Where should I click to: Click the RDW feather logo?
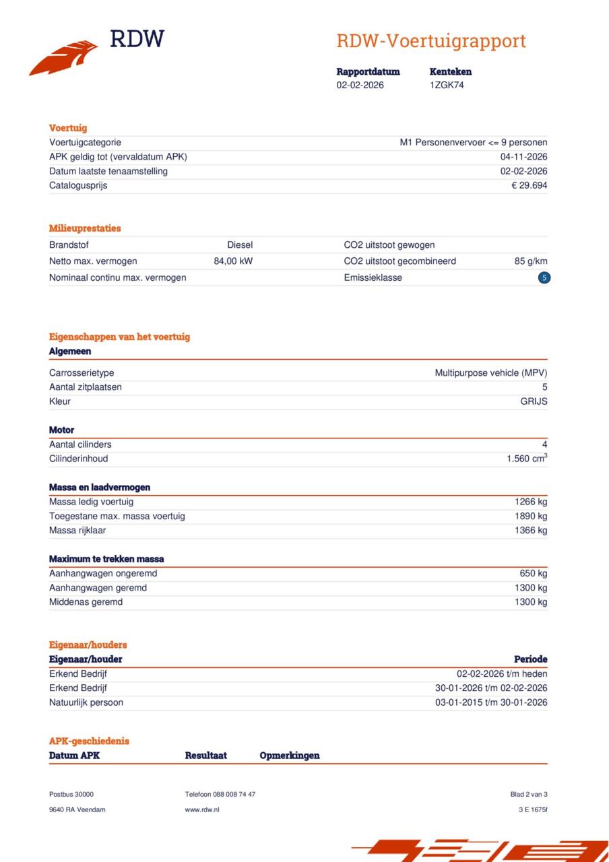coord(64,57)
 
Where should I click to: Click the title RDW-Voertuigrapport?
coord(430,41)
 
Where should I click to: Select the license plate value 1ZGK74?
coord(447,86)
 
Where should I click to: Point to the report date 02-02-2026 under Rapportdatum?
coord(360,86)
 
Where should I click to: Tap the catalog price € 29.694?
coord(529,185)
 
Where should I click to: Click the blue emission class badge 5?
coord(544,277)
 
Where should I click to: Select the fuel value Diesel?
coord(240,245)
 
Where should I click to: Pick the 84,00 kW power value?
coord(233,261)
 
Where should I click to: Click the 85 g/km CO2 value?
coord(531,261)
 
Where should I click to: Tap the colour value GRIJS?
coord(534,401)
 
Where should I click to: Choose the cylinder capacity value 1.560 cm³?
coord(527,459)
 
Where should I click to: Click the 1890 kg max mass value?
coord(531,516)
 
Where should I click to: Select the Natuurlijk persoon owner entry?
coord(86,702)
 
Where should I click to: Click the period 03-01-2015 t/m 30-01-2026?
coord(491,702)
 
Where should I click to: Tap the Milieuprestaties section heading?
coord(85,228)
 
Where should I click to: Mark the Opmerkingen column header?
coord(290,756)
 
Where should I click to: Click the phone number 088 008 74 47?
coord(234,795)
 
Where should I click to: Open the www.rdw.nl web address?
coord(202,809)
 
